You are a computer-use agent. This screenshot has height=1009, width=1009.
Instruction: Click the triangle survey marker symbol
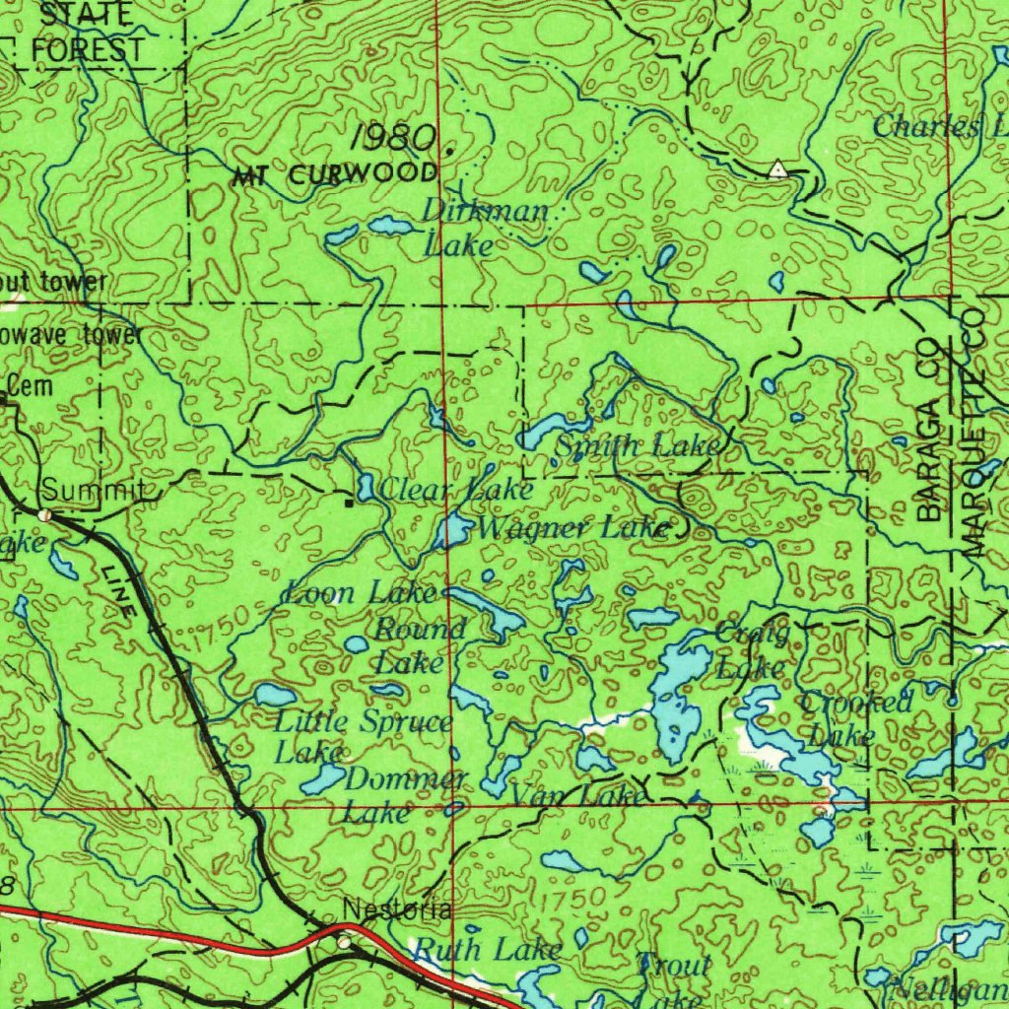coord(778,168)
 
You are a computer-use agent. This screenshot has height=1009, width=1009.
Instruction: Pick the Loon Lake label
coord(360,593)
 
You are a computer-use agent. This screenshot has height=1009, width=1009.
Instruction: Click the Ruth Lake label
coord(487,950)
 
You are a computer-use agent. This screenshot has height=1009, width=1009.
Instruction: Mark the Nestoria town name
coord(397,909)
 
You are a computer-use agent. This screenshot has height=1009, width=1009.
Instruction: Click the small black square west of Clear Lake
coord(349,503)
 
